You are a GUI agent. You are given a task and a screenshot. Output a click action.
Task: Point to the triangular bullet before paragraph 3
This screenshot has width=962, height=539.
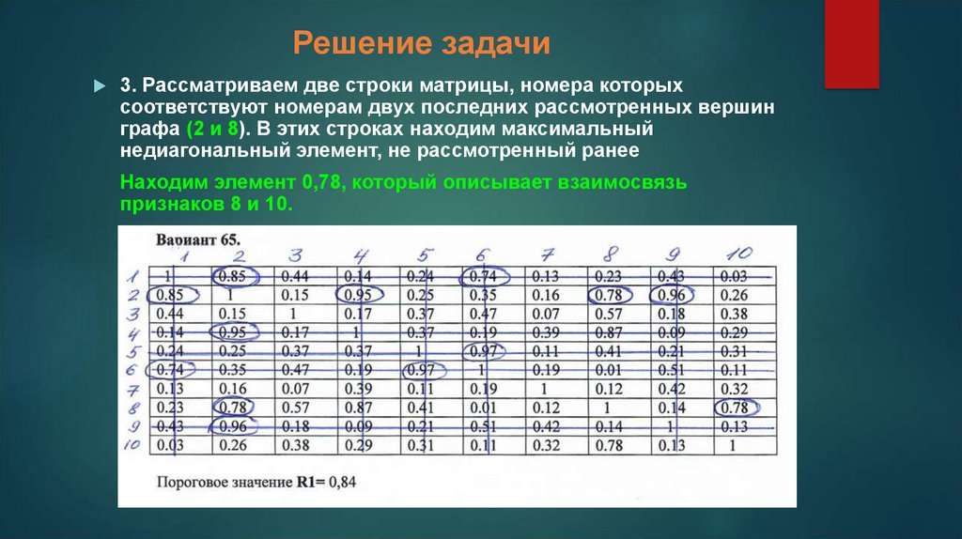point(99,86)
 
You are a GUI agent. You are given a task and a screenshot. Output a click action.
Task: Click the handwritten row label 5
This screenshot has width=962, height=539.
point(133,351)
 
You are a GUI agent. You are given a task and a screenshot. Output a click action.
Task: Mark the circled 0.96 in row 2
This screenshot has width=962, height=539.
point(671,295)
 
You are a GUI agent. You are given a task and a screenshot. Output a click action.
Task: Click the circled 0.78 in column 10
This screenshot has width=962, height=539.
point(737,408)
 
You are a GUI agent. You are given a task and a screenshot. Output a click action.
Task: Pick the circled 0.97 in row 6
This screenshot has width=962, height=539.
point(422,370)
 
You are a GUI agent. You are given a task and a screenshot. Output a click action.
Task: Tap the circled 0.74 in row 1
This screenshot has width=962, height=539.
point(485,276)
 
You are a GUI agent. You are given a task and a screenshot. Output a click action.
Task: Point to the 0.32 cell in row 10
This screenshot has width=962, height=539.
point(547,445)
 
